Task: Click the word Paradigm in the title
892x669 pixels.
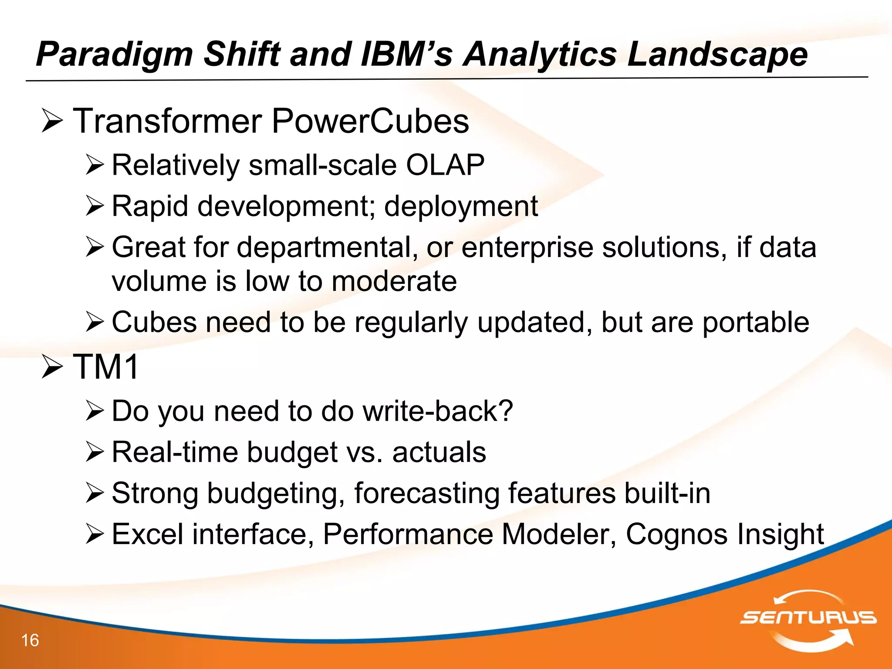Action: click(x=114, y=54)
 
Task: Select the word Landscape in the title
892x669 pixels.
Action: click(x=717, y=54)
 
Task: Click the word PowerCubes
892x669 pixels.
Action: click(x=370, y=121)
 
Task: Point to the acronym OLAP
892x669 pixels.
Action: click(x=445, y=165)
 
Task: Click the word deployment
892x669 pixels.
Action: click(x=461, y=206)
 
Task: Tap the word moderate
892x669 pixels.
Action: click(x=394, y=281)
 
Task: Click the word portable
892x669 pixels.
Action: click(x=756, y=322)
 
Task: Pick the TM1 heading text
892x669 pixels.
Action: click(x=106, y=367)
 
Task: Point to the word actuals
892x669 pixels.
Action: click(x=439, y=452)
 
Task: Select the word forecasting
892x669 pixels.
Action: click(x=426, y=493)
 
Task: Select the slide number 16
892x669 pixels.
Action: click(x=30, y=640)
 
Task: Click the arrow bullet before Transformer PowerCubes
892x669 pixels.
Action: click(x=53, y=122)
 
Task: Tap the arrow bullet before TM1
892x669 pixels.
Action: click(x=53, y=367)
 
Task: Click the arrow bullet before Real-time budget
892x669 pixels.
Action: click(x=95, y=452)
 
